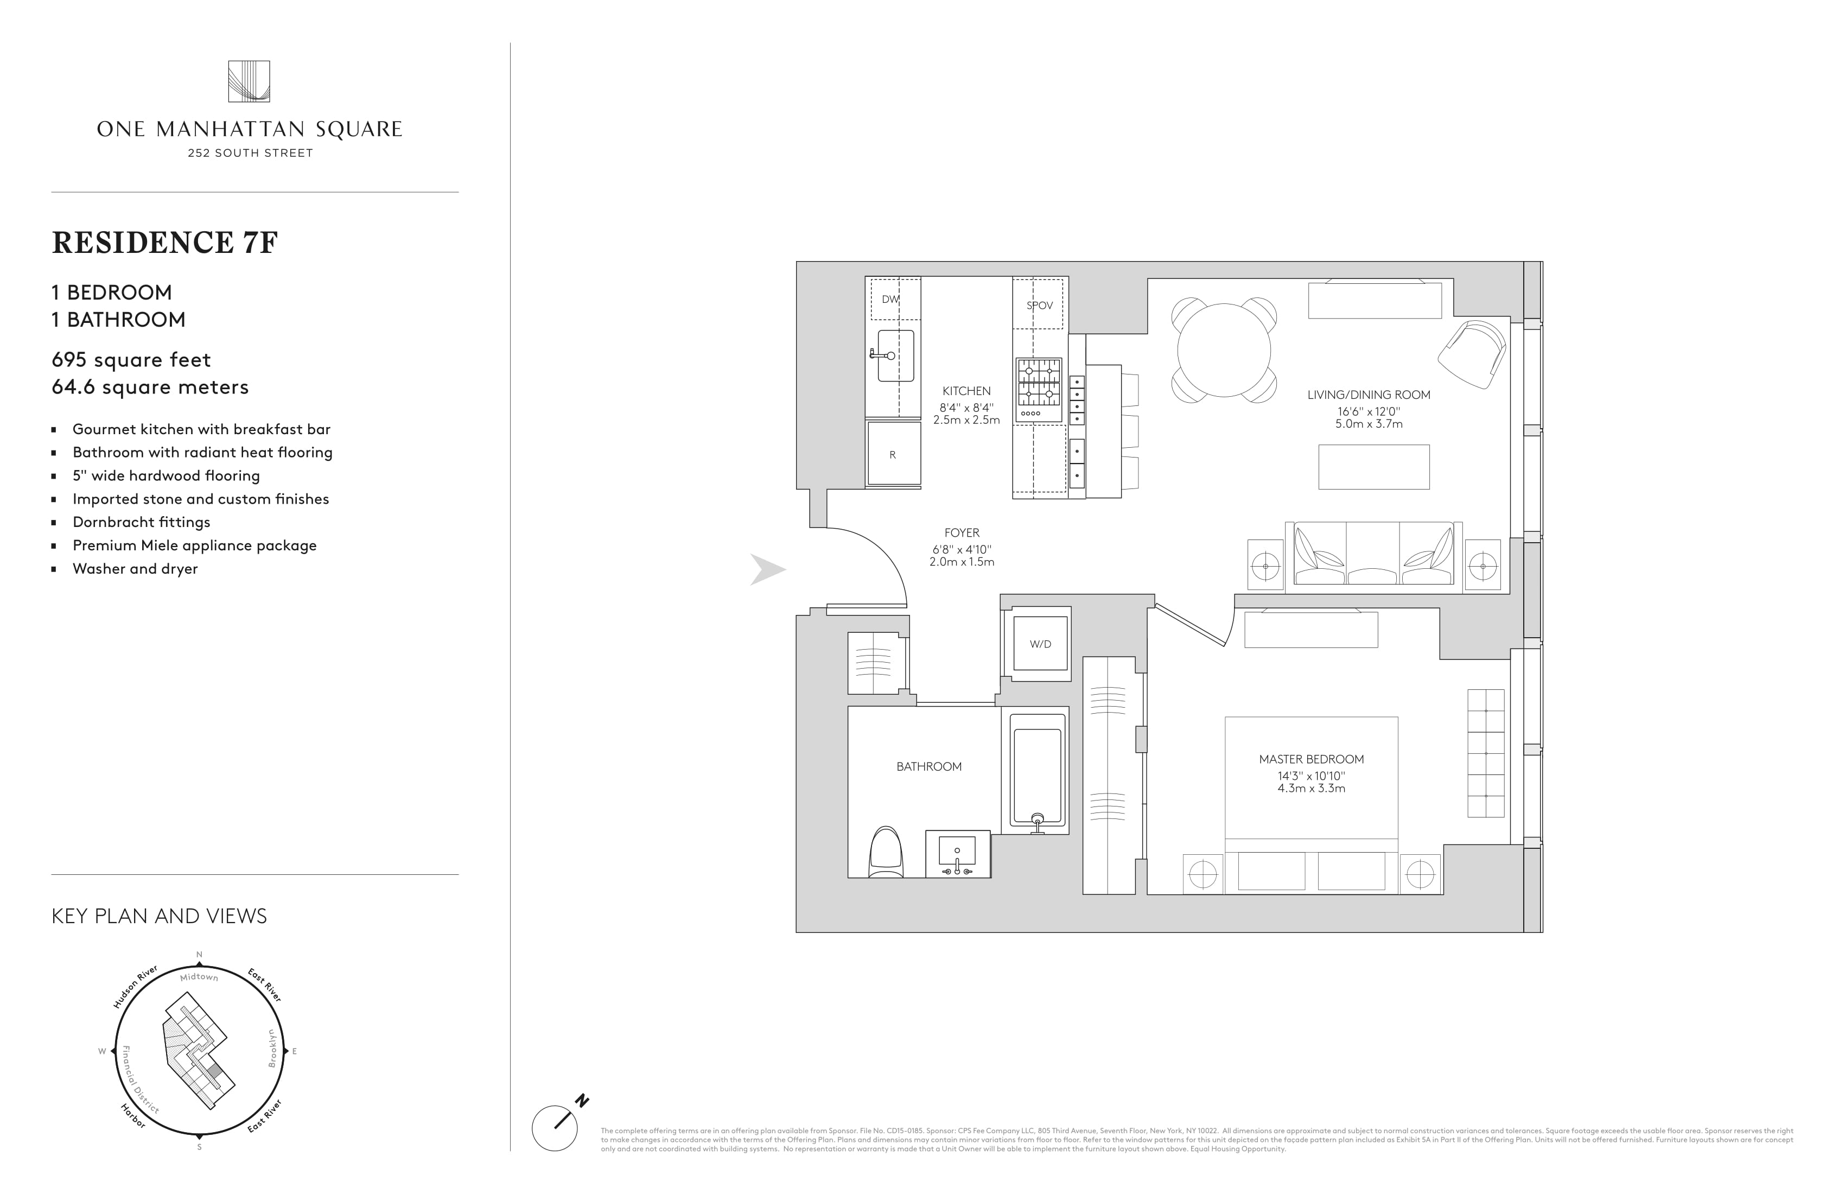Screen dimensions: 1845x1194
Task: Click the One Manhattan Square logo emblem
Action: coord(249,81)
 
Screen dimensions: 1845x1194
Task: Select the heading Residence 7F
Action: coord(164,243)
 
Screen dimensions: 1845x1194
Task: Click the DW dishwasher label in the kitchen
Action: coord(890,299)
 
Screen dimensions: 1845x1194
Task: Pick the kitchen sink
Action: coord(895,356)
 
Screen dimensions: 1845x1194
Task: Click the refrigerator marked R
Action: coord(893,454)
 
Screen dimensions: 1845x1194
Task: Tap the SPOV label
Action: coord(1040,306)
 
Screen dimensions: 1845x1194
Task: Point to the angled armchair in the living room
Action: coord(1472,354)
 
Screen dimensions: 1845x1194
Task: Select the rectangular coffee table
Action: coord(1373,467)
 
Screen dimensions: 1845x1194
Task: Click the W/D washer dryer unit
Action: coord(1040,644)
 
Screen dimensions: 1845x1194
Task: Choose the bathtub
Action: coord(1037,770)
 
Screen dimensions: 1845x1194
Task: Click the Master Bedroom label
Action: coord(1311,760)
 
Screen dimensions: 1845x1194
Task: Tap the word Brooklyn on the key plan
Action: coord(272,1048)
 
